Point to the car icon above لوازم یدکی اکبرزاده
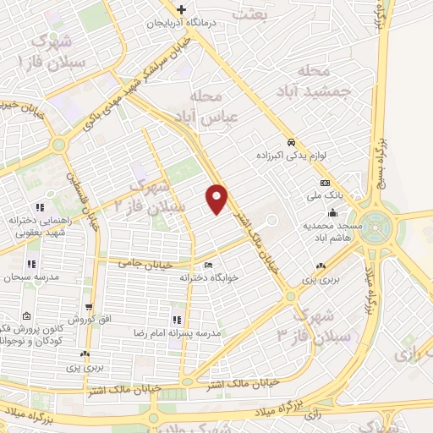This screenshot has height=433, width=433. coord(291,142)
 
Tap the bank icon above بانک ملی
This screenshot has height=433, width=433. coord(324,184)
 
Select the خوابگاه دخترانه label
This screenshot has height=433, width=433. coord(208,277)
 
